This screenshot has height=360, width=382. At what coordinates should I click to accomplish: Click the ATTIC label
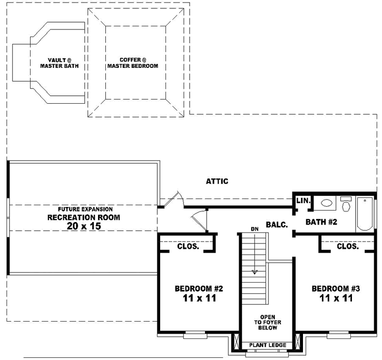point(217,182)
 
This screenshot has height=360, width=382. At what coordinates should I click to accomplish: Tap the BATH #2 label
point(321,222)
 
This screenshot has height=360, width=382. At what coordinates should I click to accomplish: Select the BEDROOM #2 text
point(199,289)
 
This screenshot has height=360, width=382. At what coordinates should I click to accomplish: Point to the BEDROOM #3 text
point(336,289)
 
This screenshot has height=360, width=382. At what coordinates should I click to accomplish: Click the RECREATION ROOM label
point(84,217)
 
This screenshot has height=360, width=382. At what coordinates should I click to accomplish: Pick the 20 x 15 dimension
point(84,226)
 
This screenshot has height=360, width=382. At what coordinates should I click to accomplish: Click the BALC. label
point(277,225)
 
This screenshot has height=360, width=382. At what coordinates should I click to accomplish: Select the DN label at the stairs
point(254,229)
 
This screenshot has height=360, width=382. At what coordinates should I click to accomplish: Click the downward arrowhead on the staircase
point(255,272)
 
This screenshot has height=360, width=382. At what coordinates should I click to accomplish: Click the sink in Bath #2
point(326,203)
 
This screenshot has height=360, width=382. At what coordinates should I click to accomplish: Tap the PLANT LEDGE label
point(268,345)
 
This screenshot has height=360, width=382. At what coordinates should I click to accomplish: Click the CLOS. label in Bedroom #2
point(188,246)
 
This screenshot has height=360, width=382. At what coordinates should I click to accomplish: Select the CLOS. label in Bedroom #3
point(347,246)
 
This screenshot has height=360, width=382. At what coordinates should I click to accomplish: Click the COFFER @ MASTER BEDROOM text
point(132,63)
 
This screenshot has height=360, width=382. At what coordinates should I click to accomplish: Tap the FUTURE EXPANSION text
point(85,209)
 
